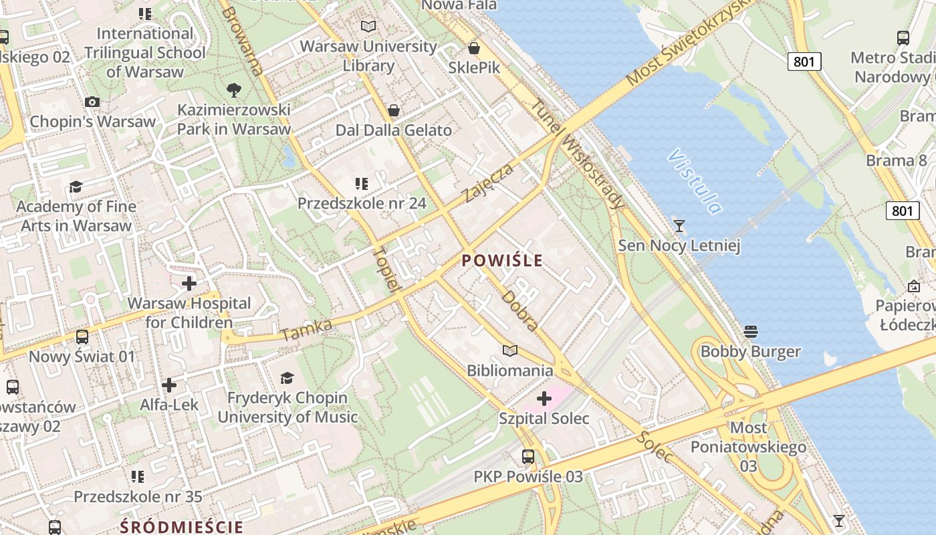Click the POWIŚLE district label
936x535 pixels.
pos(502,261)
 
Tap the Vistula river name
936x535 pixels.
pos(695,182)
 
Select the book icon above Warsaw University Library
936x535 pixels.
pos(368,26)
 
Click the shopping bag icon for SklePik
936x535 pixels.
pos(474,48)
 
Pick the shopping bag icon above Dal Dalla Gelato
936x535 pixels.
pos(394,110)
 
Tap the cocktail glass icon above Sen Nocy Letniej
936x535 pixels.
pos(679,225)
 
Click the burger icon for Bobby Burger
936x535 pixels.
pos(750,332)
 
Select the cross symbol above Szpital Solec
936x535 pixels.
pos(544,399)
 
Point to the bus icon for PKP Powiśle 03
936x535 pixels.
pos(528,457)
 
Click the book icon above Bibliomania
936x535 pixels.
pos(510,350)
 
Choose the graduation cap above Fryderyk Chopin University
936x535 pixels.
pos(287,378)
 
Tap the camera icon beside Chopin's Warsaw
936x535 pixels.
pos(92,102)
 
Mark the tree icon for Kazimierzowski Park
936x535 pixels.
pos(234,90)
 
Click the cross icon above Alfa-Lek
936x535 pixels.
pos(169,385)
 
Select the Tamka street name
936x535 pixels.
pos(307,329)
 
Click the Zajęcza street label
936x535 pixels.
pos(490,182)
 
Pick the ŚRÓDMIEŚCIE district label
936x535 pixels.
pos(181,526)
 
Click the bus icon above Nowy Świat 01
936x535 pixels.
pos(82,337)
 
